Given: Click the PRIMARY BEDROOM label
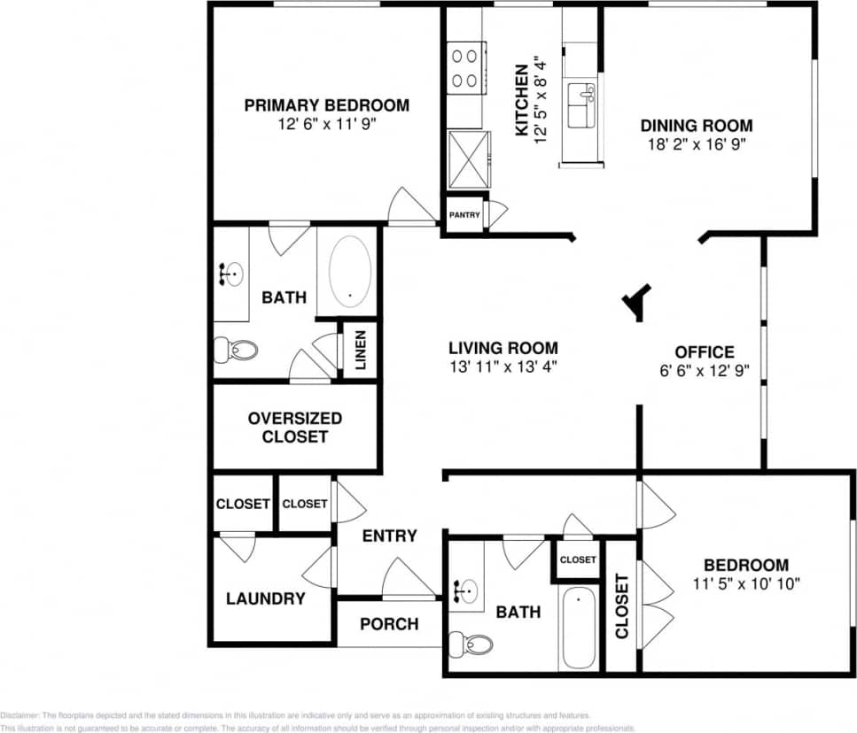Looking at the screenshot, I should [x=327, y=105].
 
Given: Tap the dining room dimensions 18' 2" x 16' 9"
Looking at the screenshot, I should [x=697, y=145].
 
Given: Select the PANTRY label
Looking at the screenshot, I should [x=464, y=215].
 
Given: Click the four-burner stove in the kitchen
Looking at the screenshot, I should [x=465, y=68].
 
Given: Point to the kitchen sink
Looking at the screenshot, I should [x=583, y=95].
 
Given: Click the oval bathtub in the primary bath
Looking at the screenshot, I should [x=351, y=270].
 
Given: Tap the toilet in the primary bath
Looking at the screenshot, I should [x=236, y=351].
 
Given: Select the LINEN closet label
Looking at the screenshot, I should [x=362, y=351].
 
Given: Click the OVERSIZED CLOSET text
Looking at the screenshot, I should [x=295, y=428].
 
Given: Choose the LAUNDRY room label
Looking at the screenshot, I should [x=265, y=598].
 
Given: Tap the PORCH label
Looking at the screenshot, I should [x=389, y=624].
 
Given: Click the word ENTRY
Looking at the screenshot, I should [x=389, y=536].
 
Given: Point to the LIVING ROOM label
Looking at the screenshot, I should [x=503, y=348].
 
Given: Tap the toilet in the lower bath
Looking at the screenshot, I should [x=470, y=643].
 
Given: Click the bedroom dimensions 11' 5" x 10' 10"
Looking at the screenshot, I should [x=746, y=584].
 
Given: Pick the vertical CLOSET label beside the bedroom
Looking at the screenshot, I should [x=621, y=606].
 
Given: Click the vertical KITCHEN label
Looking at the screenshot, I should [x=522, y=99].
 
